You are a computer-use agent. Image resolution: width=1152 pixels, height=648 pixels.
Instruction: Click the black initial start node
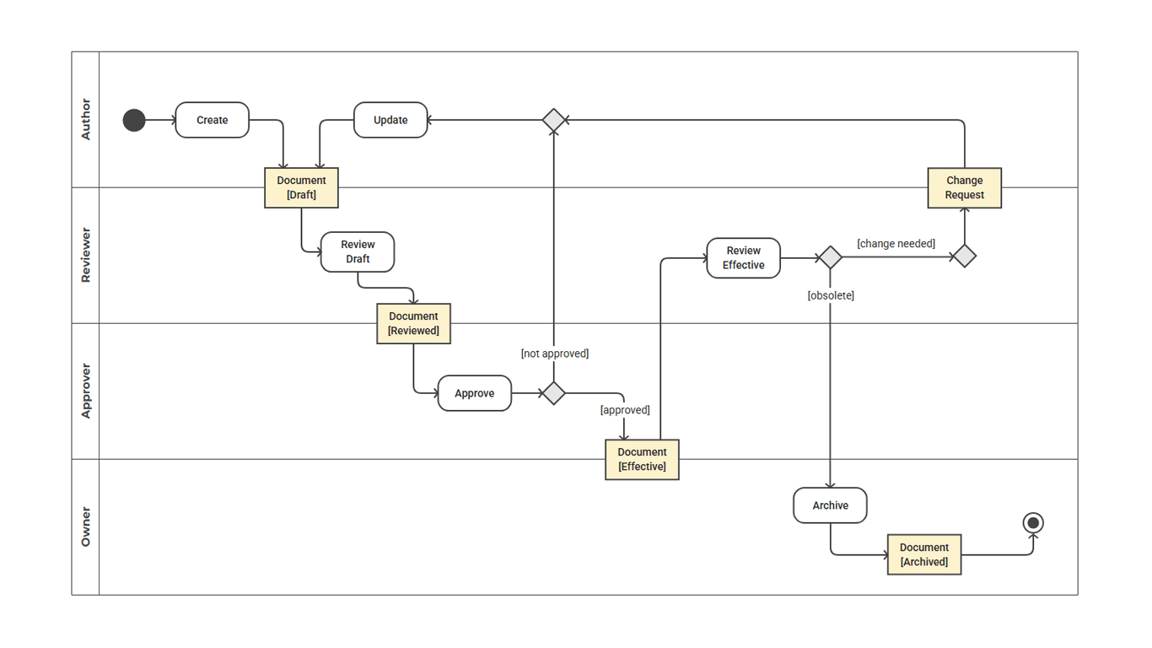(x=134, y=121)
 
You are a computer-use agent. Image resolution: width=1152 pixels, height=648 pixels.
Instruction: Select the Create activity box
(x=213, y=121)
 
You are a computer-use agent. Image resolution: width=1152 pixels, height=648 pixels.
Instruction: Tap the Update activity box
(x=390, y=121)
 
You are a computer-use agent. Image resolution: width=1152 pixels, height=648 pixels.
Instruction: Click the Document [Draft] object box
(x=301, y=187)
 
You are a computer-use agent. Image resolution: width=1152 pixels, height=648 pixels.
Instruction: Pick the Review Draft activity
(x=358, y=252)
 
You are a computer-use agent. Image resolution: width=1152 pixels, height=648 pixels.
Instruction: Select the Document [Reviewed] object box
(x=413, y=324)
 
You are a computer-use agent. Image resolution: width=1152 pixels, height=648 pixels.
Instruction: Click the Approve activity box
(x=474, y=393)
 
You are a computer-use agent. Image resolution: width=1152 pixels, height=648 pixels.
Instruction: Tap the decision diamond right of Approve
(x=553, y=393)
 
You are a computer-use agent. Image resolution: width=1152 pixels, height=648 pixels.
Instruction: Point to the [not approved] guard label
(x=554, y=354)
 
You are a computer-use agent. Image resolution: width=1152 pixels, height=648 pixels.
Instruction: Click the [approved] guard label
(x=625, y=410)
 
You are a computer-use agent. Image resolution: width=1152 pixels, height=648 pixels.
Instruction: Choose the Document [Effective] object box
(x=642, y=460)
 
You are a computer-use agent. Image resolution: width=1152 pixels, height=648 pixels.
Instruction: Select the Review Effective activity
(x=743, y=257)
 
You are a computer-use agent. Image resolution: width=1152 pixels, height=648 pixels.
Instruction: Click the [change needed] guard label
(x=896, y=244)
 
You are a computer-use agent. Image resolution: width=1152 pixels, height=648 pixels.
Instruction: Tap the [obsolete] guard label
(x=831, y=295)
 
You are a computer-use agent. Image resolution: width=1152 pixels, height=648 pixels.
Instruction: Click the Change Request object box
(x=964, y=187)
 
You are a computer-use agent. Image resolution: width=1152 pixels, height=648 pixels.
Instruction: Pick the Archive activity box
(x=830, y=505)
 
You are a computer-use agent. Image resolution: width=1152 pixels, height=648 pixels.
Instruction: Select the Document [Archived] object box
(x=924, y=554)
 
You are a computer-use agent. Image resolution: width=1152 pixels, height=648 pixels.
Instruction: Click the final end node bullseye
(x=1033, y=523)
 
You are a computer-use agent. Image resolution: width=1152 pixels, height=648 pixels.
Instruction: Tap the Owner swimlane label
(x=85, y=526)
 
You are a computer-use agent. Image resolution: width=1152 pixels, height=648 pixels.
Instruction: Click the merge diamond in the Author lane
(x=553, y=121)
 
